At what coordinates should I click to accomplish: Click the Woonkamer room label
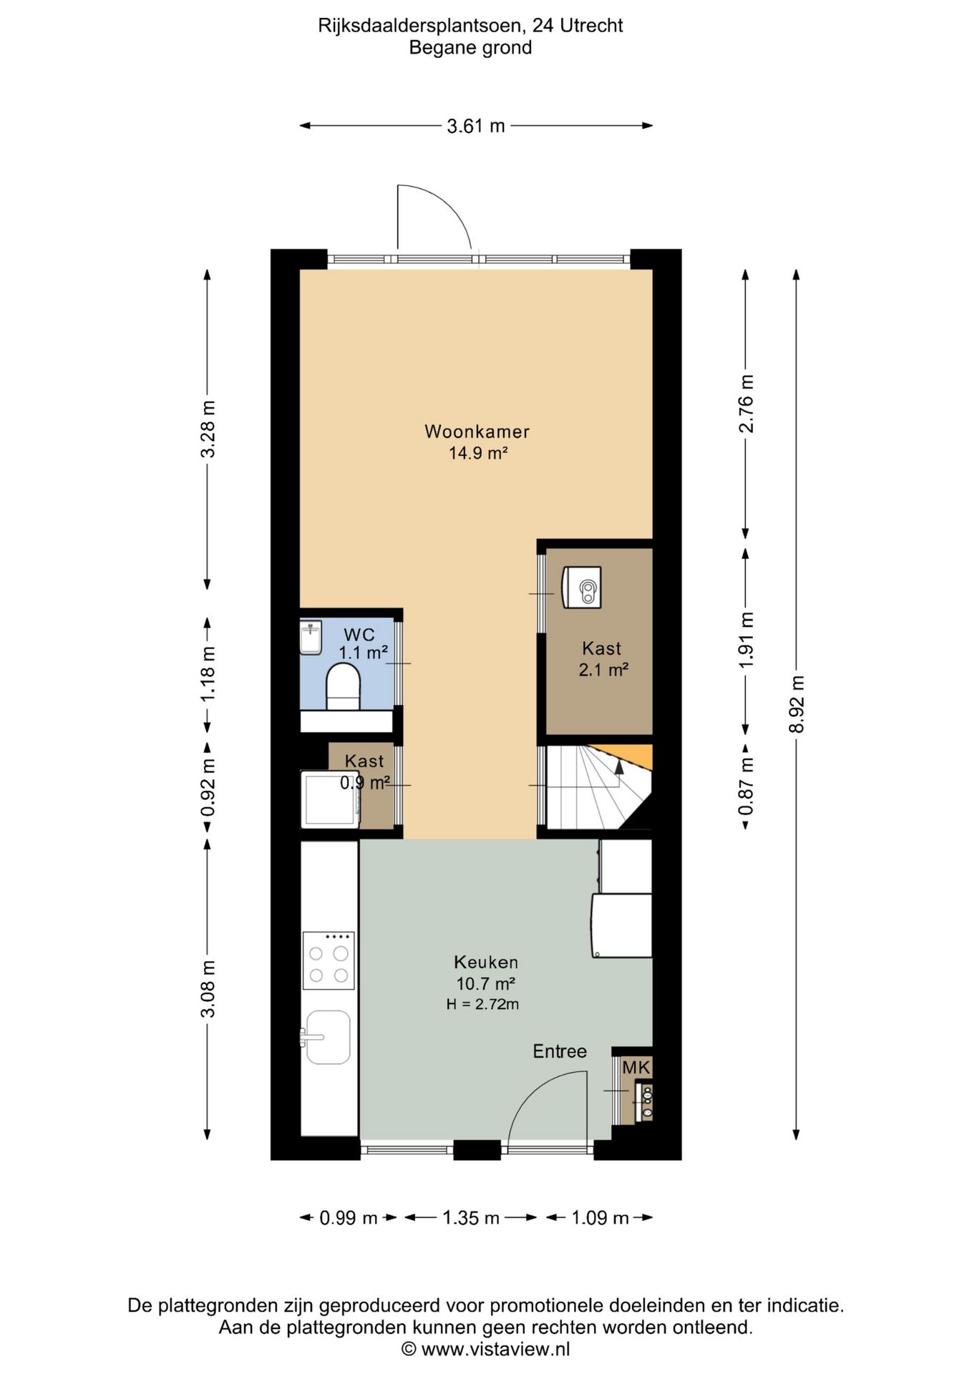point(477,432)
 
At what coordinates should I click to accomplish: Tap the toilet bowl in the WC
point(343,686)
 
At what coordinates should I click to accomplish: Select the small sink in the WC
point(311,637)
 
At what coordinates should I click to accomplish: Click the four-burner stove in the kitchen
point(329,960)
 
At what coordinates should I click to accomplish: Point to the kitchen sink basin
point(328,1037)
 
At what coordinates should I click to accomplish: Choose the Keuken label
point(486,963)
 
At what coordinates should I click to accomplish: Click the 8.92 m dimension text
point(797,704)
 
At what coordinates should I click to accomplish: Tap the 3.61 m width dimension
point(476,127)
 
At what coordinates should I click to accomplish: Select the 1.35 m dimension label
point(470,1218)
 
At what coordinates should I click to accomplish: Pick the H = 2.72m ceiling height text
point(482,1004)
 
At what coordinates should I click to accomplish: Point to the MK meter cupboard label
point(636,1068)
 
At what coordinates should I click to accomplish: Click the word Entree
point(560,1051)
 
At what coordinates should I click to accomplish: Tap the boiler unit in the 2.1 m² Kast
point(581,588)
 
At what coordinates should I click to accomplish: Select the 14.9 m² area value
point(478,453)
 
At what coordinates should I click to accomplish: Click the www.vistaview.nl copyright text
point(485,1349)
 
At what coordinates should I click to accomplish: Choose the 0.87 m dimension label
point(746,786)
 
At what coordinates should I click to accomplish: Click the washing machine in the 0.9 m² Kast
point(330,799)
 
